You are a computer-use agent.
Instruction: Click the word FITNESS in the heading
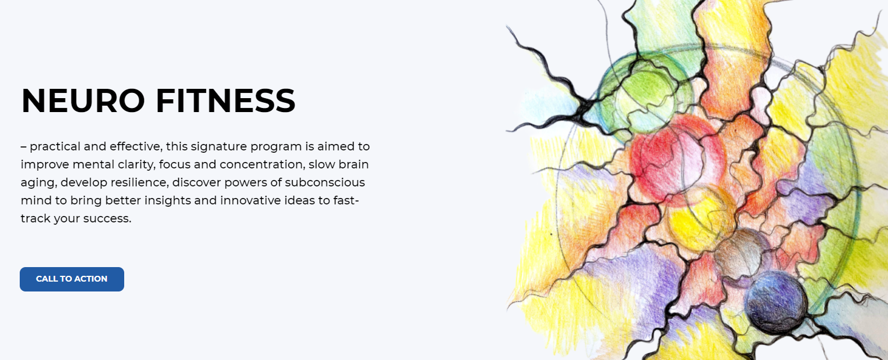pos(226,100)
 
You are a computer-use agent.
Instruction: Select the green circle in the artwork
pos(644,93)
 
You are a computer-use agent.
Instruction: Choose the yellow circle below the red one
pos(699,218)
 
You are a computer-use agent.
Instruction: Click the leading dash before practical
pos(24,146)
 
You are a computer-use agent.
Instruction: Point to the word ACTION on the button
pos(91,279)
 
